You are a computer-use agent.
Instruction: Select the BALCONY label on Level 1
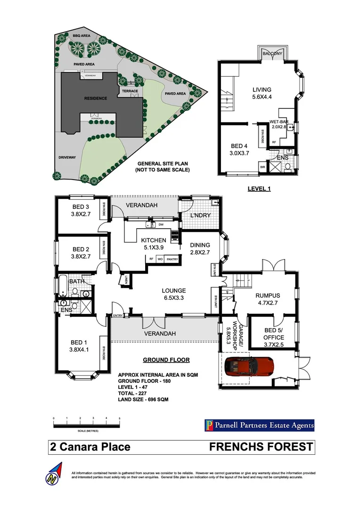(273, 54)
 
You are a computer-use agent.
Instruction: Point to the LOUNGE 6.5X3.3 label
(173, 294)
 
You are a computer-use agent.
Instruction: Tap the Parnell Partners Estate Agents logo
(259, 426)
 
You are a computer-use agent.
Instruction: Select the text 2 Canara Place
(90, 447)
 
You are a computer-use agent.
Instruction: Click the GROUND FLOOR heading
(166, 360)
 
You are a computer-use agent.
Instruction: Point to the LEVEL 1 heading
(261, 189)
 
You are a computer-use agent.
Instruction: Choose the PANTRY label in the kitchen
(172, 259)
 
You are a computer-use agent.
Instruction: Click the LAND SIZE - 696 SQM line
(143, 400)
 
